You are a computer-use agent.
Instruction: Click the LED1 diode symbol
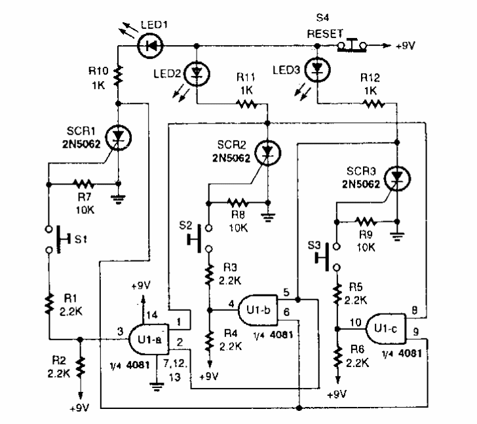coord(152,46)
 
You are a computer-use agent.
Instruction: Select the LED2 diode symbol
coord(199,72)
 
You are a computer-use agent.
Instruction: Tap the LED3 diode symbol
coord(318,69)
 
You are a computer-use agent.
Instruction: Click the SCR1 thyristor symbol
coord(119,135)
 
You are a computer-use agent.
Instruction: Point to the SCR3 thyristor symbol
coord(397,177)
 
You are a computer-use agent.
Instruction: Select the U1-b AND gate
coord(256,307)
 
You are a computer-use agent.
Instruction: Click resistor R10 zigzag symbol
coord(119,77)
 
